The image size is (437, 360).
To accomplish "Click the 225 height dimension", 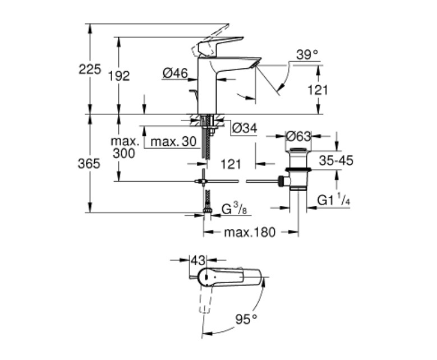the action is click(x=90, y=69).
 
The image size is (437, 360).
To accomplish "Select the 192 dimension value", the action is click(x=119, y=76).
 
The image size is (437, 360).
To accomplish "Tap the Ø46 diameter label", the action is click(x=175, y=73).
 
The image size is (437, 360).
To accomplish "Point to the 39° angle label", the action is click(x=307, y=54).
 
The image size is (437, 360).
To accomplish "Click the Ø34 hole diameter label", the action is click(x=245, y=128).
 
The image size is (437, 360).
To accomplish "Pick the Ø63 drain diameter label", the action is click(x=298, y=136).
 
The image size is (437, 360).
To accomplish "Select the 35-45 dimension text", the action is click(x=336, y=160).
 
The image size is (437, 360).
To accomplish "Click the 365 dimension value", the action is click(x=89, y=164).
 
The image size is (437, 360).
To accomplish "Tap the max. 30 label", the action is click(x=174, y=142).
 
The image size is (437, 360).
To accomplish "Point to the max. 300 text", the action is click(x=125, y=147).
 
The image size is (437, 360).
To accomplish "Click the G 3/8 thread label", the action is click(x=234, y=209).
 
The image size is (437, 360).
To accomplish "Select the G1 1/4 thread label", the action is click(x=333, y=200).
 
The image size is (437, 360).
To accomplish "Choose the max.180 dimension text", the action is click(x=250, y=232).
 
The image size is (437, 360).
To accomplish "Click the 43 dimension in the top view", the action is click(x=198, y=261).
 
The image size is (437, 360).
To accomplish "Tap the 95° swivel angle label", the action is click(x=246, y=319).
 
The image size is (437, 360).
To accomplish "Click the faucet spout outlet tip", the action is click(x=255, y=66).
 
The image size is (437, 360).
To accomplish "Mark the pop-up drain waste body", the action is click(x=298, y=169).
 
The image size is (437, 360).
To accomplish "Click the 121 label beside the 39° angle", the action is click(x=318, y=90).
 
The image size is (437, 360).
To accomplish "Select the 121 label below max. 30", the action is click(x=231, y=164).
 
